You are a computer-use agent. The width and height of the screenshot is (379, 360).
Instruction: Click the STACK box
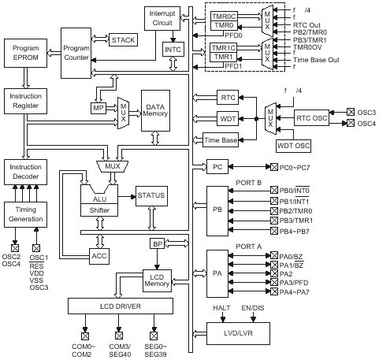click(x=123, y=40)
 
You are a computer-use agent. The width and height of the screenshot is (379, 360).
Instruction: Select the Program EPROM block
click(x=25, y=53)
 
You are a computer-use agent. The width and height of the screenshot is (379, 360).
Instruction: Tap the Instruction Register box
click(x=25, y=101)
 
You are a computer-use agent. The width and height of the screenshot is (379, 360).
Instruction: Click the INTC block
click(x=173, y=50)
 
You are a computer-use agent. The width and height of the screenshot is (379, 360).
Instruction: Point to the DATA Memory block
click(x=155, y=110)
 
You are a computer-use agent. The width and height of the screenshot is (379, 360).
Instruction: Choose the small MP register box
click(x=98, y=108)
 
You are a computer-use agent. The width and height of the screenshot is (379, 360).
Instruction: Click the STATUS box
click(x=151, y=196)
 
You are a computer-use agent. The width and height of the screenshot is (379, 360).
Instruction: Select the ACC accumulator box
click(x=99, y=256)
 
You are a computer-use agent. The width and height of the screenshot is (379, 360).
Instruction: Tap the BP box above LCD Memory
click(x=158, y=243)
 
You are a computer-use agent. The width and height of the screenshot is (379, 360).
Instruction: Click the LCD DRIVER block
click(x=121, y=306)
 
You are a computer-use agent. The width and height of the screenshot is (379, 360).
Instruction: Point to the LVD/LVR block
click(x=238, y=333)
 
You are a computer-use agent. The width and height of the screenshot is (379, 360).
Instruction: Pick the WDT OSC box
click(x=294, y=146)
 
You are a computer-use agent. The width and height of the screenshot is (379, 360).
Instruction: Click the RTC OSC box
click(x=311, y=118)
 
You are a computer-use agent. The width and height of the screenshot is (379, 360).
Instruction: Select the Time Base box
click(x=221, y=140)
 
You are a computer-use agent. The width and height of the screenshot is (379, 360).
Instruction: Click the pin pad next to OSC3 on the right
click(x=351, y=112)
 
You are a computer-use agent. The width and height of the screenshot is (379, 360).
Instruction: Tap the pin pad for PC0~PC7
click(x=274, y=167)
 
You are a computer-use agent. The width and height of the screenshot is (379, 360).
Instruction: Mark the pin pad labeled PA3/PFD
click(x=274, y=282)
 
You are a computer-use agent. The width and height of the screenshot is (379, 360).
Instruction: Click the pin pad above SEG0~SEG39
click(x=154, y=336)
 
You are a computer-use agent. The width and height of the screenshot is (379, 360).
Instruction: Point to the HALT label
click(x=221, y=308)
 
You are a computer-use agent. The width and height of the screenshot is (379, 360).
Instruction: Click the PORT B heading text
click(x=248, y=183)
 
